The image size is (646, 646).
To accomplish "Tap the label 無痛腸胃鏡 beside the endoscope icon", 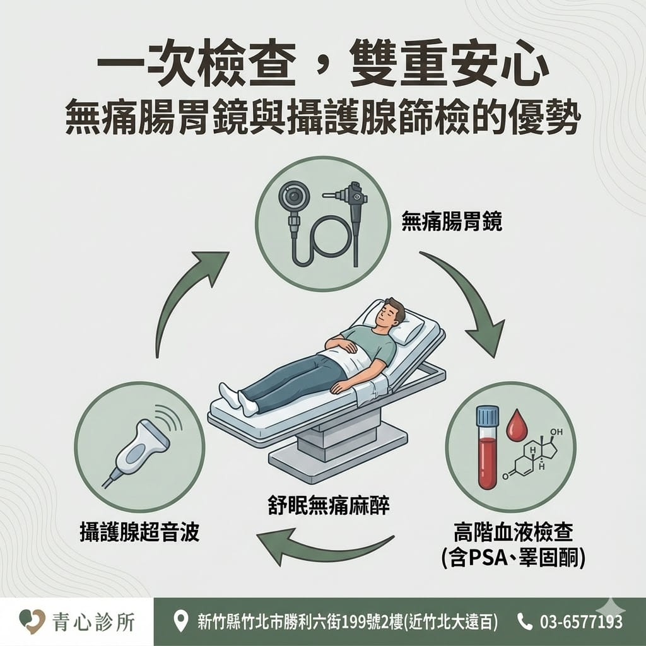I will (x=452, y=221).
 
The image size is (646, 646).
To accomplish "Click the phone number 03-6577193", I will (x=580, y=622).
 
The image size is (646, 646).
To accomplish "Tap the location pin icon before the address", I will (x=181, y=622).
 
